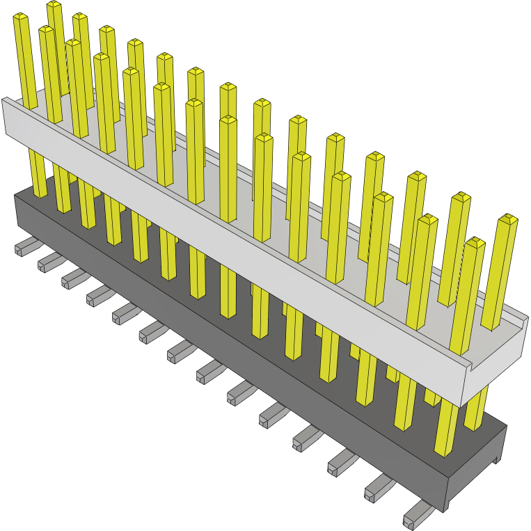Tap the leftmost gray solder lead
click(25, 246)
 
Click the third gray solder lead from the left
click(74, 278)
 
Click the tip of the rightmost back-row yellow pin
click(509, 220)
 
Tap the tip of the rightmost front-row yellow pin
click(475, 243)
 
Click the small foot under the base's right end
click(497, 457)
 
